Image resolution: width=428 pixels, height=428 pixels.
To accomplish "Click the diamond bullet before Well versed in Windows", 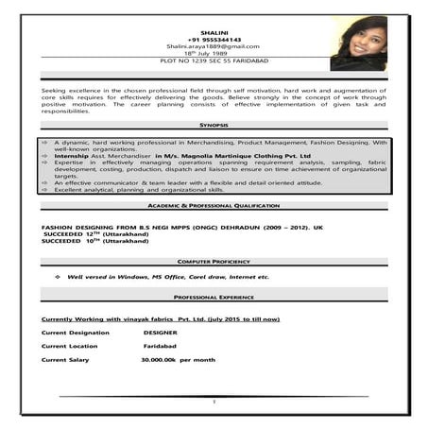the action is coord(58,277).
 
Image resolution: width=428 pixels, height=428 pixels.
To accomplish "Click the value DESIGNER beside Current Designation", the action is coord(160,333).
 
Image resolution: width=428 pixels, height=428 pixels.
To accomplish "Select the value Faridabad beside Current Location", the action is coord(147,346).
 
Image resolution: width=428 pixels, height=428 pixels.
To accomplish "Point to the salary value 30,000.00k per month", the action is coord(178,360).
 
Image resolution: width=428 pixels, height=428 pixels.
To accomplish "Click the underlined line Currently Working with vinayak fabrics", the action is coord(161,319).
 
